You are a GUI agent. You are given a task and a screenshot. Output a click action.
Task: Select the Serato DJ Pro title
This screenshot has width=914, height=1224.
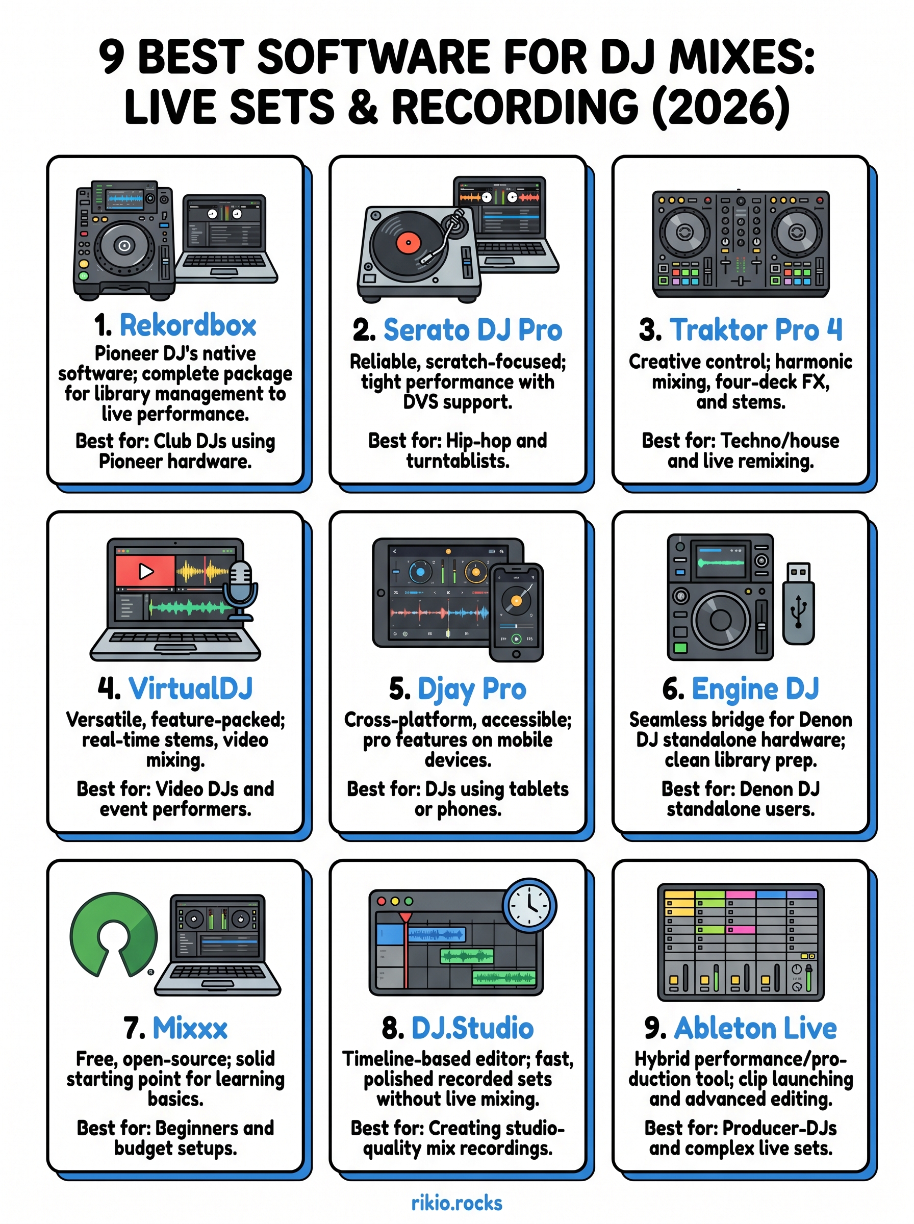tap(472, 329)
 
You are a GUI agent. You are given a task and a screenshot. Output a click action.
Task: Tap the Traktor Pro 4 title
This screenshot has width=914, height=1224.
tap(755, 329)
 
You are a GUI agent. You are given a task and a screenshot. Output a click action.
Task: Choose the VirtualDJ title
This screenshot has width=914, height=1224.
tap(190, 688)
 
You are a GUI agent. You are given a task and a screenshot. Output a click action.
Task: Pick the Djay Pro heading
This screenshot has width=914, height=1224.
tap(471, 689)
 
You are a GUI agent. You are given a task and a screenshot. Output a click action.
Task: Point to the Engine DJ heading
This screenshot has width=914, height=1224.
tap(755, 688)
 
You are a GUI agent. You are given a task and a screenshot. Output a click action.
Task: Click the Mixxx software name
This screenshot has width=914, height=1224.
tap(190, 1028)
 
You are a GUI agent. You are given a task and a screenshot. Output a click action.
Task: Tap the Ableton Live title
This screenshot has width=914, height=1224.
tap(755, 1028)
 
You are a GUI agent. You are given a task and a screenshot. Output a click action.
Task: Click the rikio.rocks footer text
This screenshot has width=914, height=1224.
tap(457, 1203)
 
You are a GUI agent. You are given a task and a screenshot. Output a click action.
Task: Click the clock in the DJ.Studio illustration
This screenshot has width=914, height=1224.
tap(529, 905)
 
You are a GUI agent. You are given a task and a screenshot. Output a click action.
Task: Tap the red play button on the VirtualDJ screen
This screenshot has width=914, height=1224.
tap(145, 571)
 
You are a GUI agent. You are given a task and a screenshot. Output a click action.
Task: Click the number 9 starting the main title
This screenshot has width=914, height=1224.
tap(111, 57)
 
